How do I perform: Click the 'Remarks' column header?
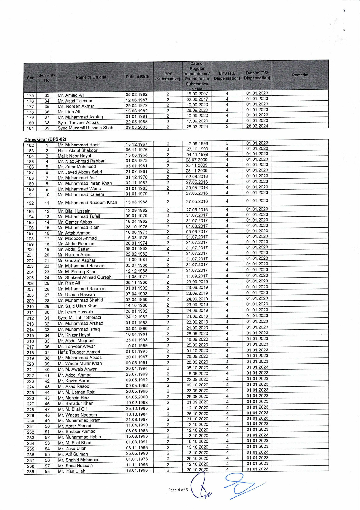300,75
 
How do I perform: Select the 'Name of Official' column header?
91,77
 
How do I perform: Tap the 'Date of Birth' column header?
137,77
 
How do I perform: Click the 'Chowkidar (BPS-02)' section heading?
45,139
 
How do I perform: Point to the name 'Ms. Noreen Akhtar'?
76,106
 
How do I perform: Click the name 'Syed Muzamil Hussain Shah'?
85,128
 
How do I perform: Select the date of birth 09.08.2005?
137,127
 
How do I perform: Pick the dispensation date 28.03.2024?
257,126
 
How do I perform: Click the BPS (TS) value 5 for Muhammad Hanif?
227,143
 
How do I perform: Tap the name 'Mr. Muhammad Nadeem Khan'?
87,203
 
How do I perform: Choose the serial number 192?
30,203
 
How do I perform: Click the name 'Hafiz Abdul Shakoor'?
78,150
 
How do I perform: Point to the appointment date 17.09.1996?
197,144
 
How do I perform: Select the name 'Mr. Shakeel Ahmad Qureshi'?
85,277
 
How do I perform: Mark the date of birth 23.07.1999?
137,374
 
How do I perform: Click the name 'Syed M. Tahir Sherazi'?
79,318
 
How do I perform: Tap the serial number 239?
30,472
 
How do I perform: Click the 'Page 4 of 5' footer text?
178,490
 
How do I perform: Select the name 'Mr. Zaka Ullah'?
72,449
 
